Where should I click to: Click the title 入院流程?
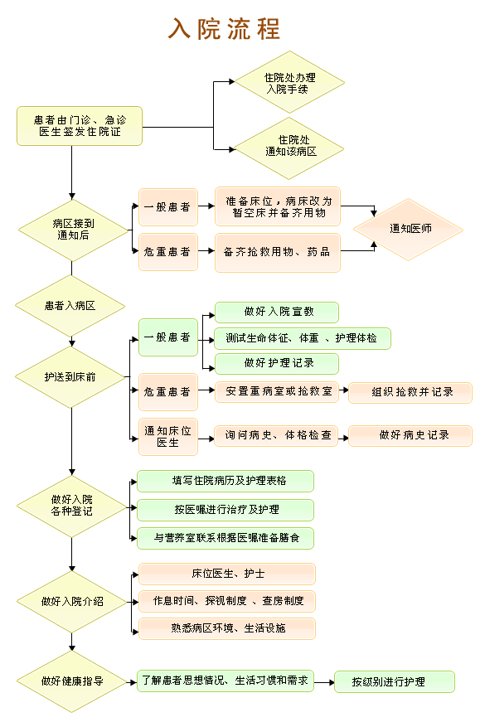point(224,29)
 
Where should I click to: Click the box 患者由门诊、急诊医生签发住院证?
point(80,126)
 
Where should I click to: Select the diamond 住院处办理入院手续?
point(289,82)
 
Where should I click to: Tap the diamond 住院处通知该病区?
point(289,148)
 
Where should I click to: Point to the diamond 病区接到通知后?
point(73,230)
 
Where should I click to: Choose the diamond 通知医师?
point(408,230)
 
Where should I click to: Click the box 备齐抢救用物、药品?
point(278,252)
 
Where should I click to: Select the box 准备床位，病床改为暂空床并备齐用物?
point(278,206)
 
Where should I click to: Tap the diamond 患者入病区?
point(70,306)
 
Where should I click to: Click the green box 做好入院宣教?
point(277,313)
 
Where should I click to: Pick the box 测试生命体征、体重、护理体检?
point(303,338)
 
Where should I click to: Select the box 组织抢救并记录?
point(410,392)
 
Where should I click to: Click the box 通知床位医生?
point(168,437)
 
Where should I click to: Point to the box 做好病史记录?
point(410,435)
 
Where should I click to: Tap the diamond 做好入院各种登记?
point(72,506)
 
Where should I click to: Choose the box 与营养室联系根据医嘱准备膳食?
point(225,538)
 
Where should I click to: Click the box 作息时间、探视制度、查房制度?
point(227,601)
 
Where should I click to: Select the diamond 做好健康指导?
point(72,681)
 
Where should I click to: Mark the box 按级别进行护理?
point(395,681)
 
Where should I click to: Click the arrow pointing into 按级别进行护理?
point(324,682)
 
